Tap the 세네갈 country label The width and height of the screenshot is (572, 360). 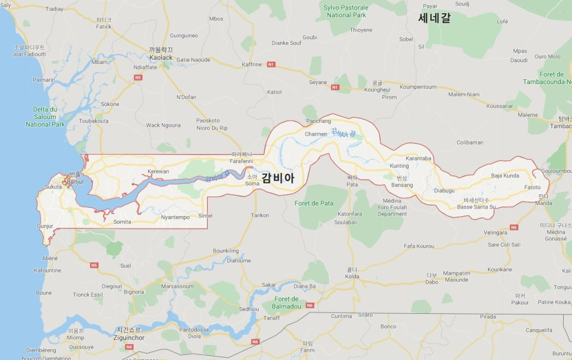point(434,18)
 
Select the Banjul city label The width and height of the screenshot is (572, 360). point(75,181)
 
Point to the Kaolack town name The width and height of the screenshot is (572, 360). point(161,57)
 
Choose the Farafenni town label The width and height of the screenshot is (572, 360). point(242,161)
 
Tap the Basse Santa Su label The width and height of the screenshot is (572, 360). point(476,207)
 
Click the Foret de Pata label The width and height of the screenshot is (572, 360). point(314,203)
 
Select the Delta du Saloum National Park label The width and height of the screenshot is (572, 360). point(45,117)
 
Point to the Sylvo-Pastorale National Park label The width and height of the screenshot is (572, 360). point(345,11)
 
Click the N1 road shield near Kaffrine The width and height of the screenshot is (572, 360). point(271,64)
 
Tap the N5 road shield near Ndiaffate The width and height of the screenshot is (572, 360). point(138,77)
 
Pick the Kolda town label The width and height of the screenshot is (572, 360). point(352,276)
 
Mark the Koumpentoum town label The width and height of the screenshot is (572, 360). point(417,86)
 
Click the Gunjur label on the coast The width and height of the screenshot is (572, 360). point(45,226)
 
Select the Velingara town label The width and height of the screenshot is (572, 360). point(496,233)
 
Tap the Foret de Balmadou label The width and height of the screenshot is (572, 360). point(287,303)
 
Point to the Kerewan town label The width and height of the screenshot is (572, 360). point(158,171)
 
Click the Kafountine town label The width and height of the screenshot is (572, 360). point(47,270)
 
